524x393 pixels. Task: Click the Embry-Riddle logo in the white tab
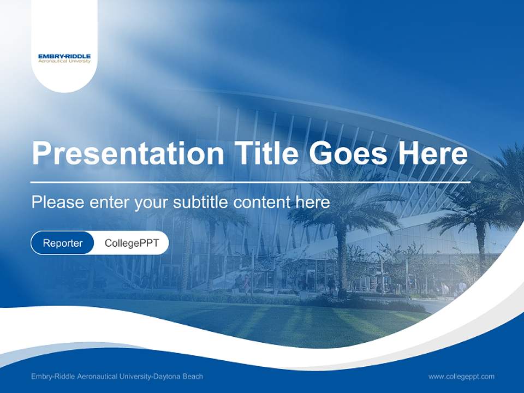tap(64, 58)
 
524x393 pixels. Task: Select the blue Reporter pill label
tap(63, 243)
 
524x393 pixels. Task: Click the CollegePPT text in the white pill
tap(132, 243)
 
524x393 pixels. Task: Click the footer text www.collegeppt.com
tap(461, 377)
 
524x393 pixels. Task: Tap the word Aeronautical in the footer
tap(93, 377)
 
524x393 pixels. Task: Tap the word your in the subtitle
tap(153, 203)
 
